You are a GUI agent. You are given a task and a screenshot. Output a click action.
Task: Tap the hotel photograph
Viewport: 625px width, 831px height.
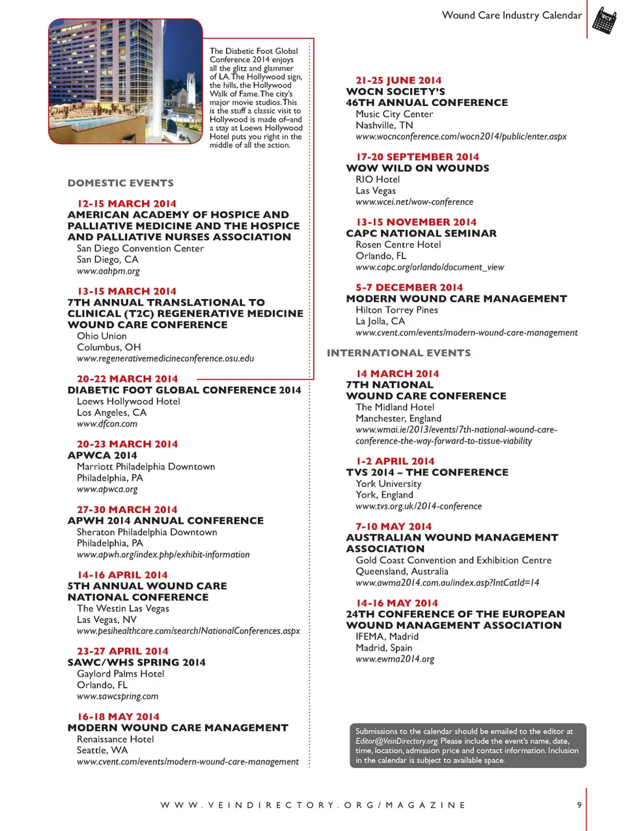point(125,81)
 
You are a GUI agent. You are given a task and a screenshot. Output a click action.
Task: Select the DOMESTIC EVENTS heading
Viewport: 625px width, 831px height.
point(120,183)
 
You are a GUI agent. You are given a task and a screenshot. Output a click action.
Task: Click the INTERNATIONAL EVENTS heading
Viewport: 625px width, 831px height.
point(398,353)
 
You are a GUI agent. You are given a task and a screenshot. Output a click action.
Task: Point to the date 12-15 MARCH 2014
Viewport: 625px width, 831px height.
point(126,204)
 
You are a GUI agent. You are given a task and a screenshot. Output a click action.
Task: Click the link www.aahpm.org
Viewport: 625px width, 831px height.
point(108,271)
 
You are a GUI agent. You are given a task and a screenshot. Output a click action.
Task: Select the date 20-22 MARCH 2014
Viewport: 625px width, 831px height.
point(127,379)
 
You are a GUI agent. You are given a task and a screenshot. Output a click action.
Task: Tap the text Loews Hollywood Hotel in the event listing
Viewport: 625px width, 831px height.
point(128,401)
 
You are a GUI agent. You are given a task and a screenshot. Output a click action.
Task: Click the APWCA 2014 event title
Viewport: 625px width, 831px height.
point(102,455)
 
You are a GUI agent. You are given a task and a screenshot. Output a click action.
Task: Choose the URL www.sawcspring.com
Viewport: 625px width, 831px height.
point(117,696)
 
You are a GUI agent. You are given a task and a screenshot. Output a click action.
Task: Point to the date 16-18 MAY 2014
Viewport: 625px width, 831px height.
point(118,717)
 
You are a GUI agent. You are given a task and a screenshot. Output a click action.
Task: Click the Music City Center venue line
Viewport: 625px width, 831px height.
point(394,114)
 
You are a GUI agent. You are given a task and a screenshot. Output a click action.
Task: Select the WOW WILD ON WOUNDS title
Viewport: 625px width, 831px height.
point(417,168)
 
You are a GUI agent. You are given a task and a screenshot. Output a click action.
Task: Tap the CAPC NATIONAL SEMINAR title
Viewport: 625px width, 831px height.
point(421,233)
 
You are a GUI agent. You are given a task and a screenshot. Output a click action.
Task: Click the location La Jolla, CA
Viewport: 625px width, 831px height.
point(380,321)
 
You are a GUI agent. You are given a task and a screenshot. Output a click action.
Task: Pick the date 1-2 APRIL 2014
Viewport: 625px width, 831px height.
point(395,461)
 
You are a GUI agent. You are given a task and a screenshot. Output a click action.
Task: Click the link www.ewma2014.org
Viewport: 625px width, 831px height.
point(395,659)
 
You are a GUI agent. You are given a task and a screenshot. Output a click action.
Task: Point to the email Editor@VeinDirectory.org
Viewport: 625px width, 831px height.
point(396,741)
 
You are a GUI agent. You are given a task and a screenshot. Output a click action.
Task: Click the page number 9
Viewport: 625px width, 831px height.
point(579,805)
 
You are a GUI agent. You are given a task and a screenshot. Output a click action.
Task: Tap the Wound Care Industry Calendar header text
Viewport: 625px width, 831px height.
point(512,15)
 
